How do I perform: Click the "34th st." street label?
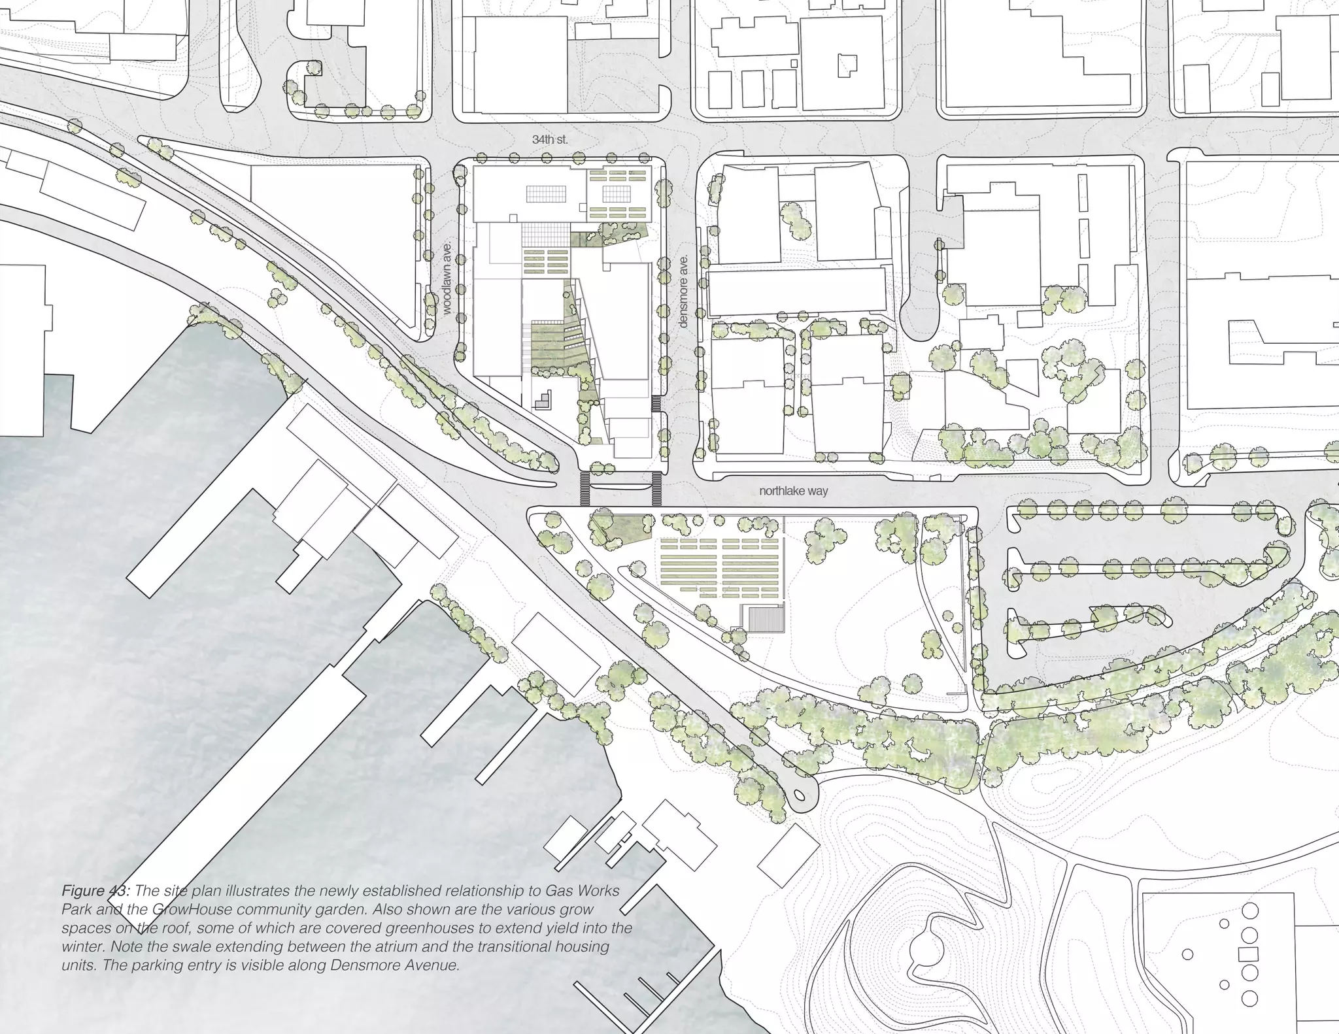click(x=549, y=140)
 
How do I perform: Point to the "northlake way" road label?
click(x=793, y=491)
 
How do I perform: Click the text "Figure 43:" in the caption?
click(x=96, y=891)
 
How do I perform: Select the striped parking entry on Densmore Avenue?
click(x=657, y=404)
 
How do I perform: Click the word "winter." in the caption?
click(x=83, y=946)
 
